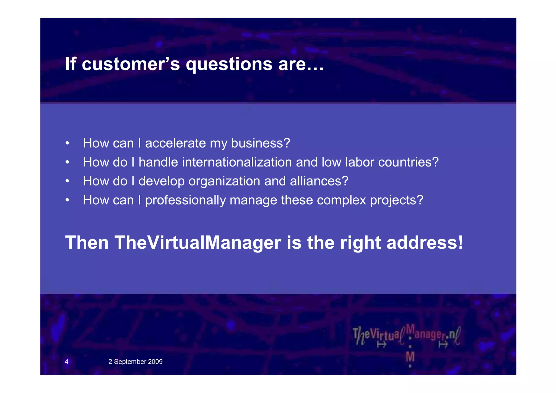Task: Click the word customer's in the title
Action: [x=131, y=64]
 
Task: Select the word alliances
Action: [x=319, y=181]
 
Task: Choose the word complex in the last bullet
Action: [x=342, y=200]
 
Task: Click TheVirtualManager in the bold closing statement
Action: [x=198, y=242]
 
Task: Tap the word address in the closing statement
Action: [x=425, y=242]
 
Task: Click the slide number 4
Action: [x=67, y=362]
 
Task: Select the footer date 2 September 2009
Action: [x=135, y=362]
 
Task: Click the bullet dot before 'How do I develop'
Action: [x=67, y=181]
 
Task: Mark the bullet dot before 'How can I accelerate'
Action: [x=67, y=143]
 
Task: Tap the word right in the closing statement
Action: [x=361, y=243]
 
